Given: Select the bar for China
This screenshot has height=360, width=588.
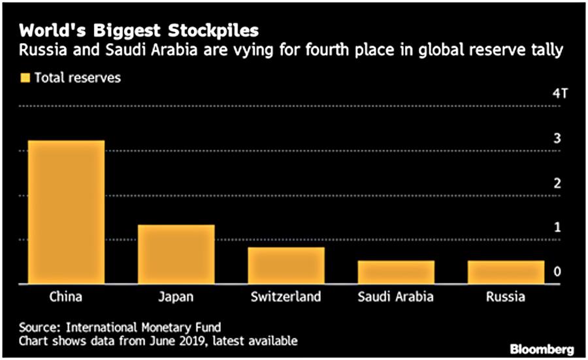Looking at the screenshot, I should (x=66, y=212).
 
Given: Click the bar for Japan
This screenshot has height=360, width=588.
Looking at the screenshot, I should (x=176, y=254).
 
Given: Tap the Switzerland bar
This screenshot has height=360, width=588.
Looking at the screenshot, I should (x=286, y=265).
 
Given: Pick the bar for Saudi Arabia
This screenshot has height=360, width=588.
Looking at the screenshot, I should (x=396, y=272).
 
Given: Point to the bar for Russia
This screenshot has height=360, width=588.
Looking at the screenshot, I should (x=506, y=272).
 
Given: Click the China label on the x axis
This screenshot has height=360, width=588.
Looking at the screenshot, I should (x=66, y=297).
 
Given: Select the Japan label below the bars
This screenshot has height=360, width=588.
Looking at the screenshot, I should (x=176, y=297).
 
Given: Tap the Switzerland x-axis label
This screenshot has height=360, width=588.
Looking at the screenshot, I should (x=286, y=297).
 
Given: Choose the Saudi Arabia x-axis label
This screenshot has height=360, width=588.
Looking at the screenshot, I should (x=396, y=297).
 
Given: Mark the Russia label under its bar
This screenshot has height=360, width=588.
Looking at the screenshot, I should (x=506, y=297).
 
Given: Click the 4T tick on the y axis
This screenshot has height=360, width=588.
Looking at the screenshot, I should (x=560, y=93).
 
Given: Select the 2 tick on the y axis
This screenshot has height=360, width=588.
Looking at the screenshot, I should (x=557, y=183).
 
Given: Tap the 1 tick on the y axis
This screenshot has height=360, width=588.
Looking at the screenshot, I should (x=557, y=227).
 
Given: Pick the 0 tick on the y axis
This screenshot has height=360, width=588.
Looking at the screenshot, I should (x=557, y=272).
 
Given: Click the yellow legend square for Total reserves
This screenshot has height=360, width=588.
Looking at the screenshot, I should (x=25, y=78).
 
